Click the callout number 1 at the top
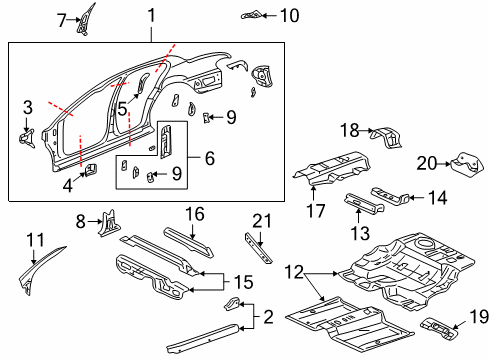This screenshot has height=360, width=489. pyautogui.click(x=151, y=15)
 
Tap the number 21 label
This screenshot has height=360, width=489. pyautogui.click(x=261, y=220)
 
